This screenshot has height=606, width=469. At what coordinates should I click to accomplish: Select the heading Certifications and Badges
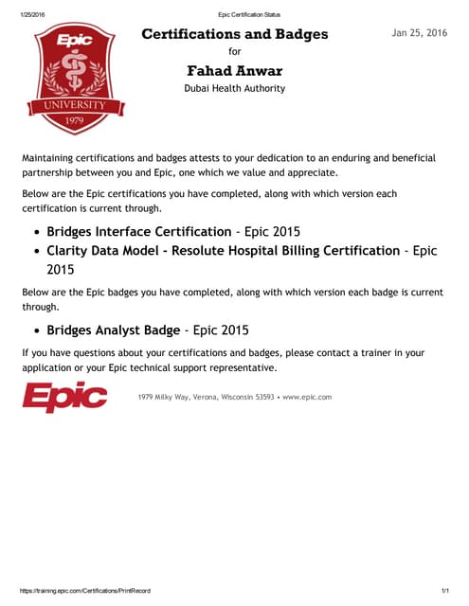tap(235, 34)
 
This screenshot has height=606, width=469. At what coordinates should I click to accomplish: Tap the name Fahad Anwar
tap(235, 71)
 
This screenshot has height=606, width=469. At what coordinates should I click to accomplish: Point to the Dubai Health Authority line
tap(235, 89)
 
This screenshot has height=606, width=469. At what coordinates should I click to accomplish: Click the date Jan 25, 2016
tap(419, 33)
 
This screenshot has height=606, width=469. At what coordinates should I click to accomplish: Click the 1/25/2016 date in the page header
tap(34, 14)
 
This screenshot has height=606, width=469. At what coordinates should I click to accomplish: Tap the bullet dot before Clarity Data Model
tap(36, 252)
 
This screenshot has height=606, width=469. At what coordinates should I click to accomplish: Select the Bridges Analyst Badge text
tap(113, 330)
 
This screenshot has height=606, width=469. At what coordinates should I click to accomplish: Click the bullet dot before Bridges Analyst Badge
tap(36, 331)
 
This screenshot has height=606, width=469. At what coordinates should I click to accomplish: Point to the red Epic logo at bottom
tap(64, 397)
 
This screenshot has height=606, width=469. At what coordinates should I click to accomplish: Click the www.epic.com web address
tap(307, 397)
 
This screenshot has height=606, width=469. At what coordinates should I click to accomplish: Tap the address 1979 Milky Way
tap(169, 397)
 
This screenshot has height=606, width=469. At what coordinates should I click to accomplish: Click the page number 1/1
tap(443, 590)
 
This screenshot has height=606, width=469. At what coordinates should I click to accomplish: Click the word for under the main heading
tap(235, 53)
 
